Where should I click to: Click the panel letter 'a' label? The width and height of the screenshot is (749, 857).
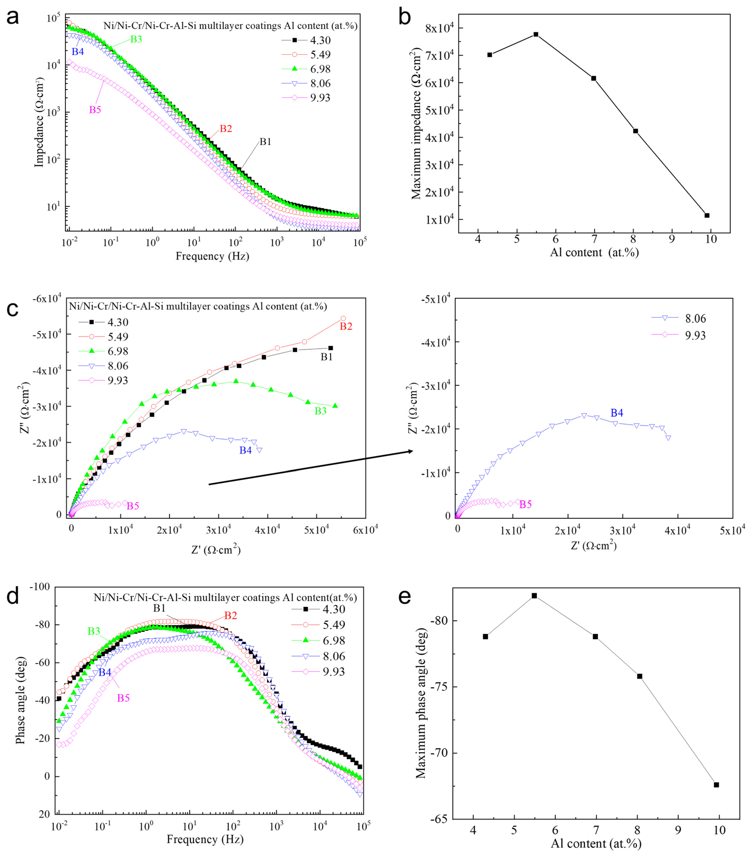click(13, 18)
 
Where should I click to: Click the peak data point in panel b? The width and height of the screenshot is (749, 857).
click(536, 34)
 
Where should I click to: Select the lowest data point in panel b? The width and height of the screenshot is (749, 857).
click(707, 215)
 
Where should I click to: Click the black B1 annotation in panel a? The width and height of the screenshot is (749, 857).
click(265, 142)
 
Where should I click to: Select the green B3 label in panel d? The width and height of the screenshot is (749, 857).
click(94, 631)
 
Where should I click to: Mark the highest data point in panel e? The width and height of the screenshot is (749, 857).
click(534, 596)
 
